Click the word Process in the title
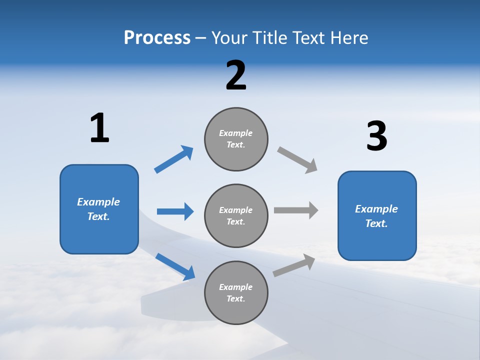coord(157,38)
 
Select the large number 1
coord(99,128)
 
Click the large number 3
coord(376,136)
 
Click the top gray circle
coord(236,139)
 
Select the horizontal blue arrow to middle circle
coord(175,211)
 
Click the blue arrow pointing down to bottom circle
coord(175,266)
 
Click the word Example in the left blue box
coord(98,202)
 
